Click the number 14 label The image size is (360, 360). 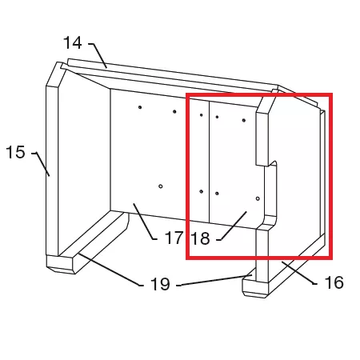(73, 43)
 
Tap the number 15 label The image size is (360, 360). (15, 152)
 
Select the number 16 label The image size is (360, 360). (334, 282)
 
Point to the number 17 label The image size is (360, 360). (174, 238)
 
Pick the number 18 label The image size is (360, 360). (201, 238)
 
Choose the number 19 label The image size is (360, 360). (160, 284)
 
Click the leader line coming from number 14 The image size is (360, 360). (98, 55)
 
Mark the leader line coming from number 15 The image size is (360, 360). (41, 164)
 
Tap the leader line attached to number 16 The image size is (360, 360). (299, 273)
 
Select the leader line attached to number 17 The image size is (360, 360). (145, 222)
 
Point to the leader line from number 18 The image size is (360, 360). (231, 226)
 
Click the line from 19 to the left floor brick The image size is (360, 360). (110, 270)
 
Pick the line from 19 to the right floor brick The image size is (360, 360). (214, 280)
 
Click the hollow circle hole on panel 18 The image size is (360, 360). (258, 198)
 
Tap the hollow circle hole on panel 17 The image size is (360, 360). (161, 186)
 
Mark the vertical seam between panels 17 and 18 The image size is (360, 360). (209, 162)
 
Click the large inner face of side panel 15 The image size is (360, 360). (84, 162)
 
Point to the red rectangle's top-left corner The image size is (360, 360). (187, 94)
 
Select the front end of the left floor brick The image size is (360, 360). (60, 265)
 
